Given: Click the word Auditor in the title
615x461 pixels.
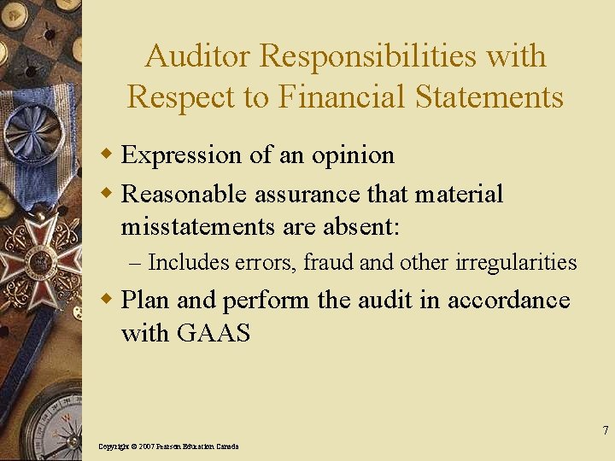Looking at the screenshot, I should (x=198, y=56).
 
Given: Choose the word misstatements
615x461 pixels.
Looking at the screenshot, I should (x=196, y=227).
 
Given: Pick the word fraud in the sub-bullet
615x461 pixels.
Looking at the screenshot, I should (x=331, y=262).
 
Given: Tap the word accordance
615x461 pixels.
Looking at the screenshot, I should (x=508, y=301).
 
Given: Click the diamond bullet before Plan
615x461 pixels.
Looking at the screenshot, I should (x=108, y=300).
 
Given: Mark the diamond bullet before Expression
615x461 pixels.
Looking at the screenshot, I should (x=108, y=155).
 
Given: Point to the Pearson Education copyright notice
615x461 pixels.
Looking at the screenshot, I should (x=168, y=446).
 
